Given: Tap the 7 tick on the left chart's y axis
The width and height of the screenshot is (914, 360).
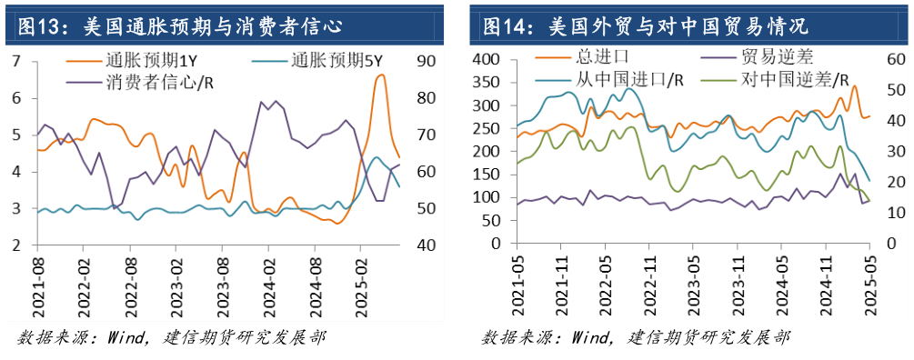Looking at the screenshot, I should pos(17,62).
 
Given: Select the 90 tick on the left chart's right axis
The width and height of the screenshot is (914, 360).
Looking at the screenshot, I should pos(427,62).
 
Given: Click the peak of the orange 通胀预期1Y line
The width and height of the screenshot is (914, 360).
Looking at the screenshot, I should pos(380,75).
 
